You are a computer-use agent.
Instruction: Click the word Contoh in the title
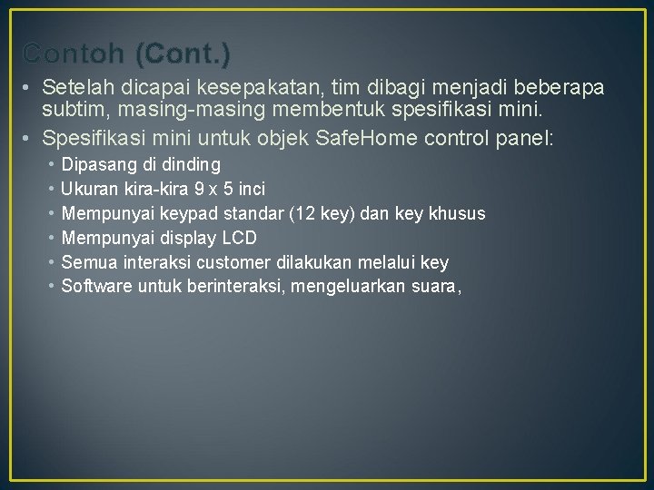(74, 54)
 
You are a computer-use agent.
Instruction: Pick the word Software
(94, 288)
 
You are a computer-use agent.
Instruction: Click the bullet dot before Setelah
(29, 88)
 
